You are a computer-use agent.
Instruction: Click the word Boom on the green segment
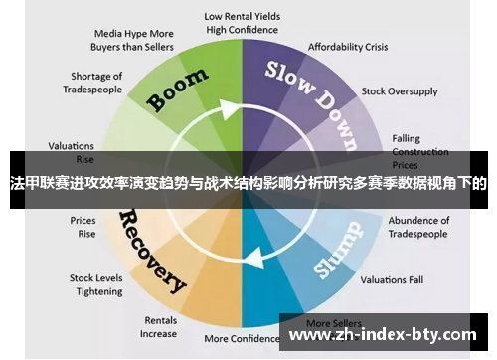[178, 90]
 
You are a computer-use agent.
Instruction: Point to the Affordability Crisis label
[347, 47]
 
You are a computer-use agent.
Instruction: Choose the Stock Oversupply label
[399, 91]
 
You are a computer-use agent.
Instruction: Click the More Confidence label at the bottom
[244, 339]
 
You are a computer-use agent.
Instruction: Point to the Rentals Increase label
[160, 327]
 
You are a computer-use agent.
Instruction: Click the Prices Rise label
[83, 228]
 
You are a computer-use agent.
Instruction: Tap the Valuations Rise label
[71, 151]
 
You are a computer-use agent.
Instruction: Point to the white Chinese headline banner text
[248, 184]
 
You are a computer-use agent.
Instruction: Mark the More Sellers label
[332, 323]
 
